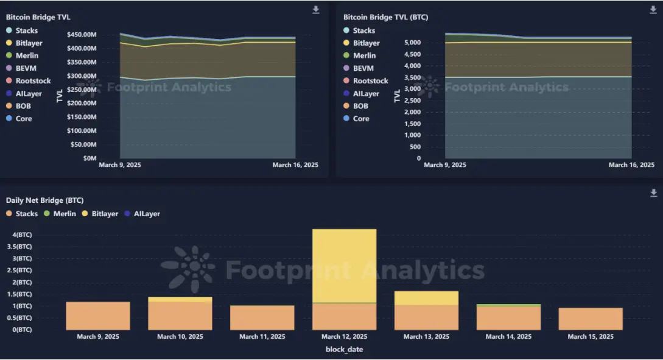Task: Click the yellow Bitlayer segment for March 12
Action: (344, 265)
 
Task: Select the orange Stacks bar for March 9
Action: (97, 316)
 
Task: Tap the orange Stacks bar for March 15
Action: (591, 319)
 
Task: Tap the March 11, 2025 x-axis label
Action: (262, 337)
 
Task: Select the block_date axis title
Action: (344, 349)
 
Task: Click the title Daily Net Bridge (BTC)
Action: (44, 200)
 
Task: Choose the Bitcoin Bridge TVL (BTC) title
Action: (385, 17)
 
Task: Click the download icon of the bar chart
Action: (654, 193)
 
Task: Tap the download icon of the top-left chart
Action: (316, 10)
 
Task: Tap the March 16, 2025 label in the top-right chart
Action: (631, 165)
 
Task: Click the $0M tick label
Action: (88, 158)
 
